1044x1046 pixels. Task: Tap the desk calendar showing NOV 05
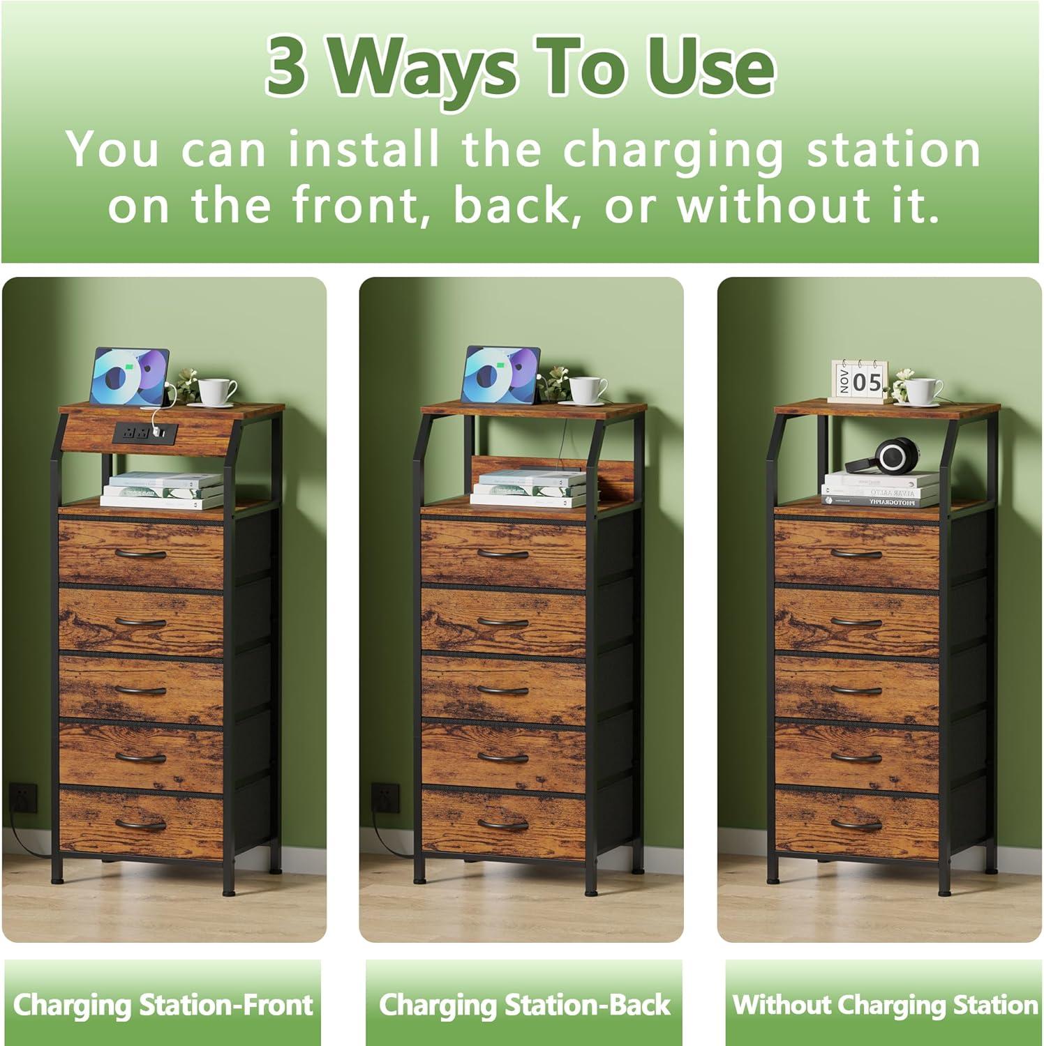857,381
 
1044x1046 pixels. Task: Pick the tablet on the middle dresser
500,376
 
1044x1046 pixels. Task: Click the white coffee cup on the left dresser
216,391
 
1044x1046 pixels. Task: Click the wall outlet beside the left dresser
22,794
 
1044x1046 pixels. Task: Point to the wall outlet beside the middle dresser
385,794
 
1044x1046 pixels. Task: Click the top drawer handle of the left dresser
141,555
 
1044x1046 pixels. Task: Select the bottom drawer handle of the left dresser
141,825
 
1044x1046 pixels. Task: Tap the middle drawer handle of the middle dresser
503,691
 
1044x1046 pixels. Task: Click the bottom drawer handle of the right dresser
857,825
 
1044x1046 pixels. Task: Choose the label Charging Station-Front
163,1005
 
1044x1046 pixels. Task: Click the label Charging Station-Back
524,1005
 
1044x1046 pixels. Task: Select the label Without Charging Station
884,1005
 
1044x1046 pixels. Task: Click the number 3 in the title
286,68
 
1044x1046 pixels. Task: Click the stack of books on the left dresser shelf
162,490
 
